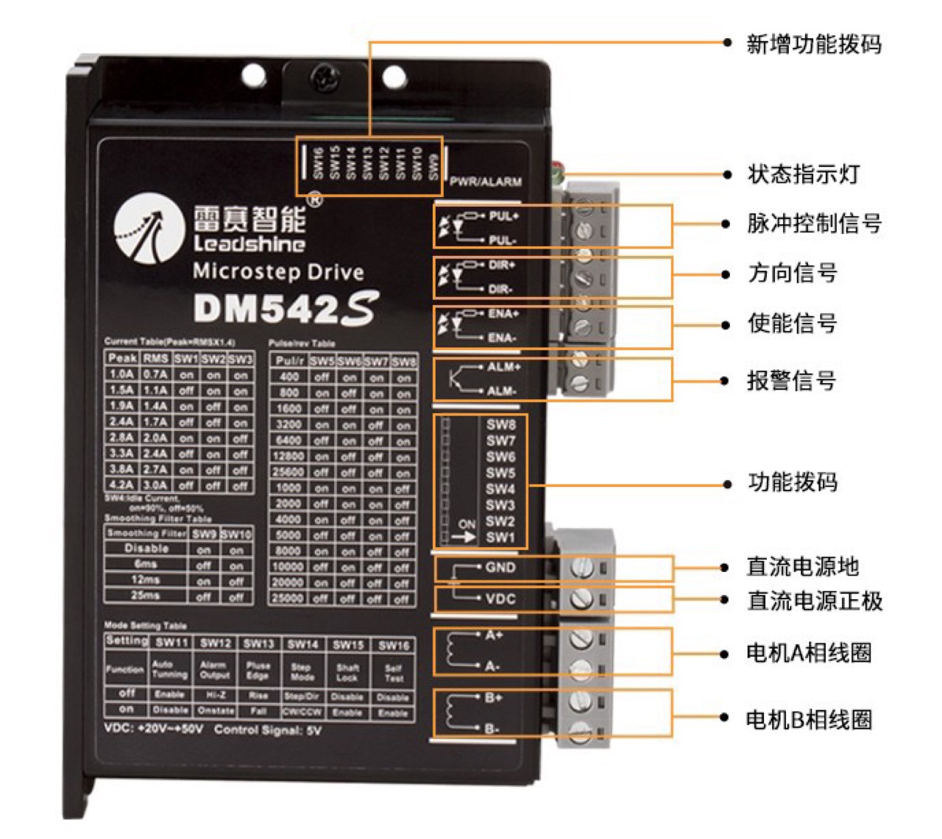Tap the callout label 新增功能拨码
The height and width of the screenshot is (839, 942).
pyautogui.click(x=813, y=44)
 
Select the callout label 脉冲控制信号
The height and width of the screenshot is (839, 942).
pyautogui.click(x=814, y=224)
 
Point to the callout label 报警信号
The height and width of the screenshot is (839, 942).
pyautogui.click(x=792, y=381)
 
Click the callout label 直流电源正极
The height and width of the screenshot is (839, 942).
pyautogui.click(x=815, y=601)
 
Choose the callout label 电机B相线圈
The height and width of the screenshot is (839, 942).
pyautogui.click(x=809, y=719)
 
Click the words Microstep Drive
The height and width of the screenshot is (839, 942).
pyautogui.click(x=278, y=272)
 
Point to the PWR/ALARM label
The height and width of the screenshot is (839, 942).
pyautogui.click(x=486, y=182)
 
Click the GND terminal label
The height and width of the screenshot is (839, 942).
pyautogui.click(x=500, y=568)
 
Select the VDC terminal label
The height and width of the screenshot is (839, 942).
pyautogui.click(x=500, y=599)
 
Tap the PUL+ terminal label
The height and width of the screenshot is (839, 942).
pyautogui.click(x=503, y=216)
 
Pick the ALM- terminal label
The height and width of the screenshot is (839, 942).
pyautogui.click(x=502, y=391)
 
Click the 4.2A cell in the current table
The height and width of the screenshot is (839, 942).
pyautogui.click(x=121, y=485)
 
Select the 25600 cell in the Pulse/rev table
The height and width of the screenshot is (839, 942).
pyautogui.click(x=288, y=472)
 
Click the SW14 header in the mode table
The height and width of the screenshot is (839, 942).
pyautogui.click(x=302, y=644)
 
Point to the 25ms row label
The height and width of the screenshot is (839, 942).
pyautogui.click(x=146, y=596)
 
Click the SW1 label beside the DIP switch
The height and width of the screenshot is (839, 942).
pyautogui.click(x=500, y=538)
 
